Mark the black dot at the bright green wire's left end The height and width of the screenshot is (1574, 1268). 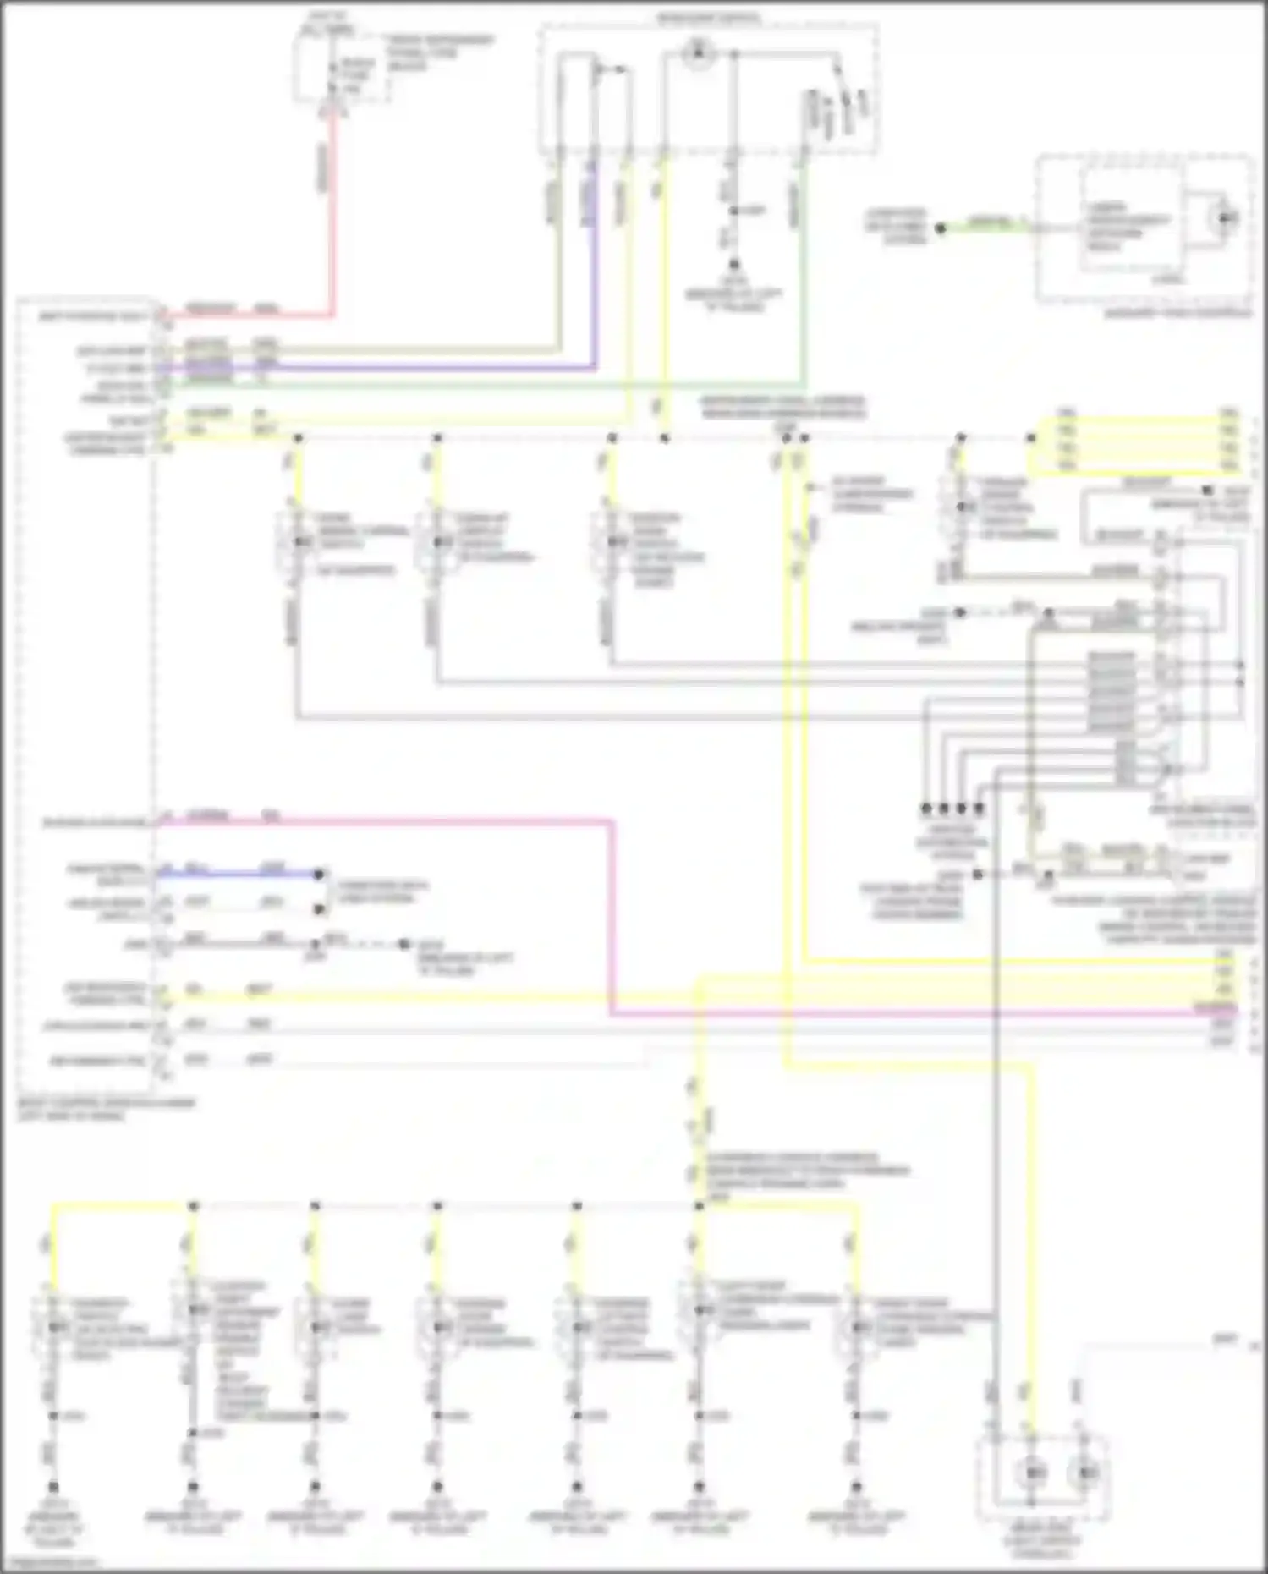[940, 228]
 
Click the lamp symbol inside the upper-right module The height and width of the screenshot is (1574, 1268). [1224, 219]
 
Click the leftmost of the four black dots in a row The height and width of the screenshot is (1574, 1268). [926, 809]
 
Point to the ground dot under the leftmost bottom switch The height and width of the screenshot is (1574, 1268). [53, 1486]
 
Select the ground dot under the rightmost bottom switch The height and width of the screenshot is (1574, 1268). [856, 1486]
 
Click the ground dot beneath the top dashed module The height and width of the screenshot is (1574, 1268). [734, 265]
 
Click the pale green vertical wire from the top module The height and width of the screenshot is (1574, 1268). [804, 279]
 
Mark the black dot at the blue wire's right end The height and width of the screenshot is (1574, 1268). [319, 875]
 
